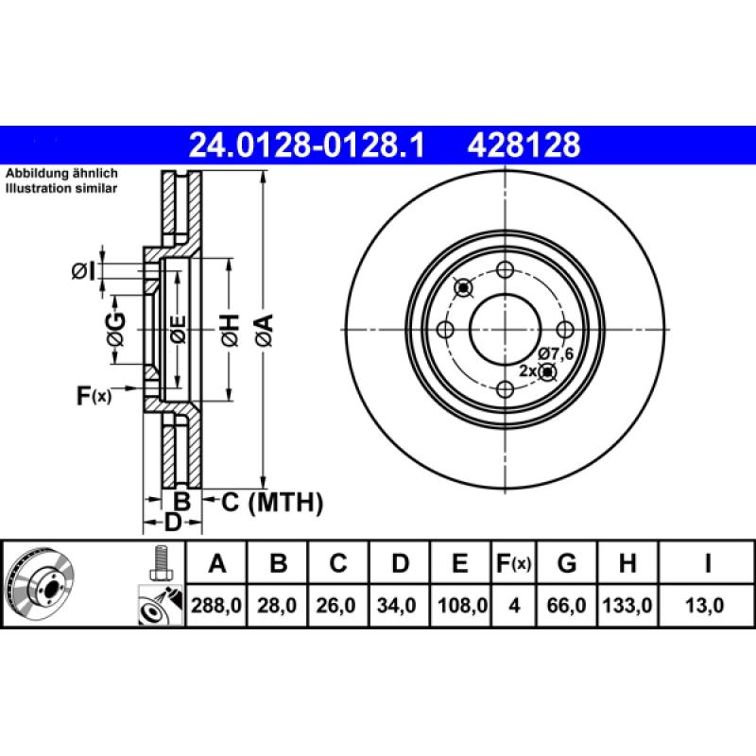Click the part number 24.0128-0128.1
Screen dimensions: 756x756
click(308, 146)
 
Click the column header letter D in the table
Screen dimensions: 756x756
click(400, 565)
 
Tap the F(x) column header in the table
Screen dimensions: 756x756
click(514, 565)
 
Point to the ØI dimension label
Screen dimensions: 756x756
click(83, 272)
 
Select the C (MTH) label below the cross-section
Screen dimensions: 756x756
click(272, 503)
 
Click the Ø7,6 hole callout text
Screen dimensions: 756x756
click(558, 354)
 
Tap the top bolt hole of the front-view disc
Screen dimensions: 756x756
click(506, 268)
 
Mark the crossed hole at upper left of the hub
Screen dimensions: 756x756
click(463, 287)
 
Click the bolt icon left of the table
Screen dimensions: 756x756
click(160, 564)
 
